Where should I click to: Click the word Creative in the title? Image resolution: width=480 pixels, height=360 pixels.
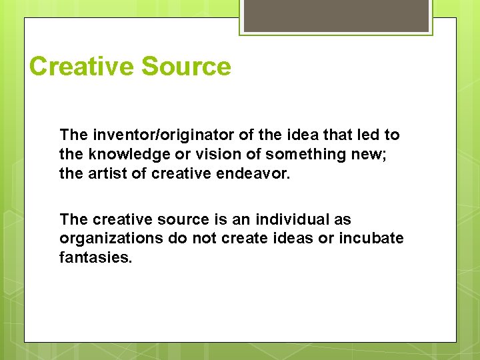(x=81, y=67)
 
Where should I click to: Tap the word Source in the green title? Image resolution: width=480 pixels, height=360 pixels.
(x=186, y=67)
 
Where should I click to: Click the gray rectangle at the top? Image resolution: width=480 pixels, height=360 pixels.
(x=336, y=15)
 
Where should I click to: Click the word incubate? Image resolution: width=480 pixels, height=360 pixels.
(x=375, y=237)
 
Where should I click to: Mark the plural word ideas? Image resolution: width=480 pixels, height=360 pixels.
(x=280, y=237)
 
